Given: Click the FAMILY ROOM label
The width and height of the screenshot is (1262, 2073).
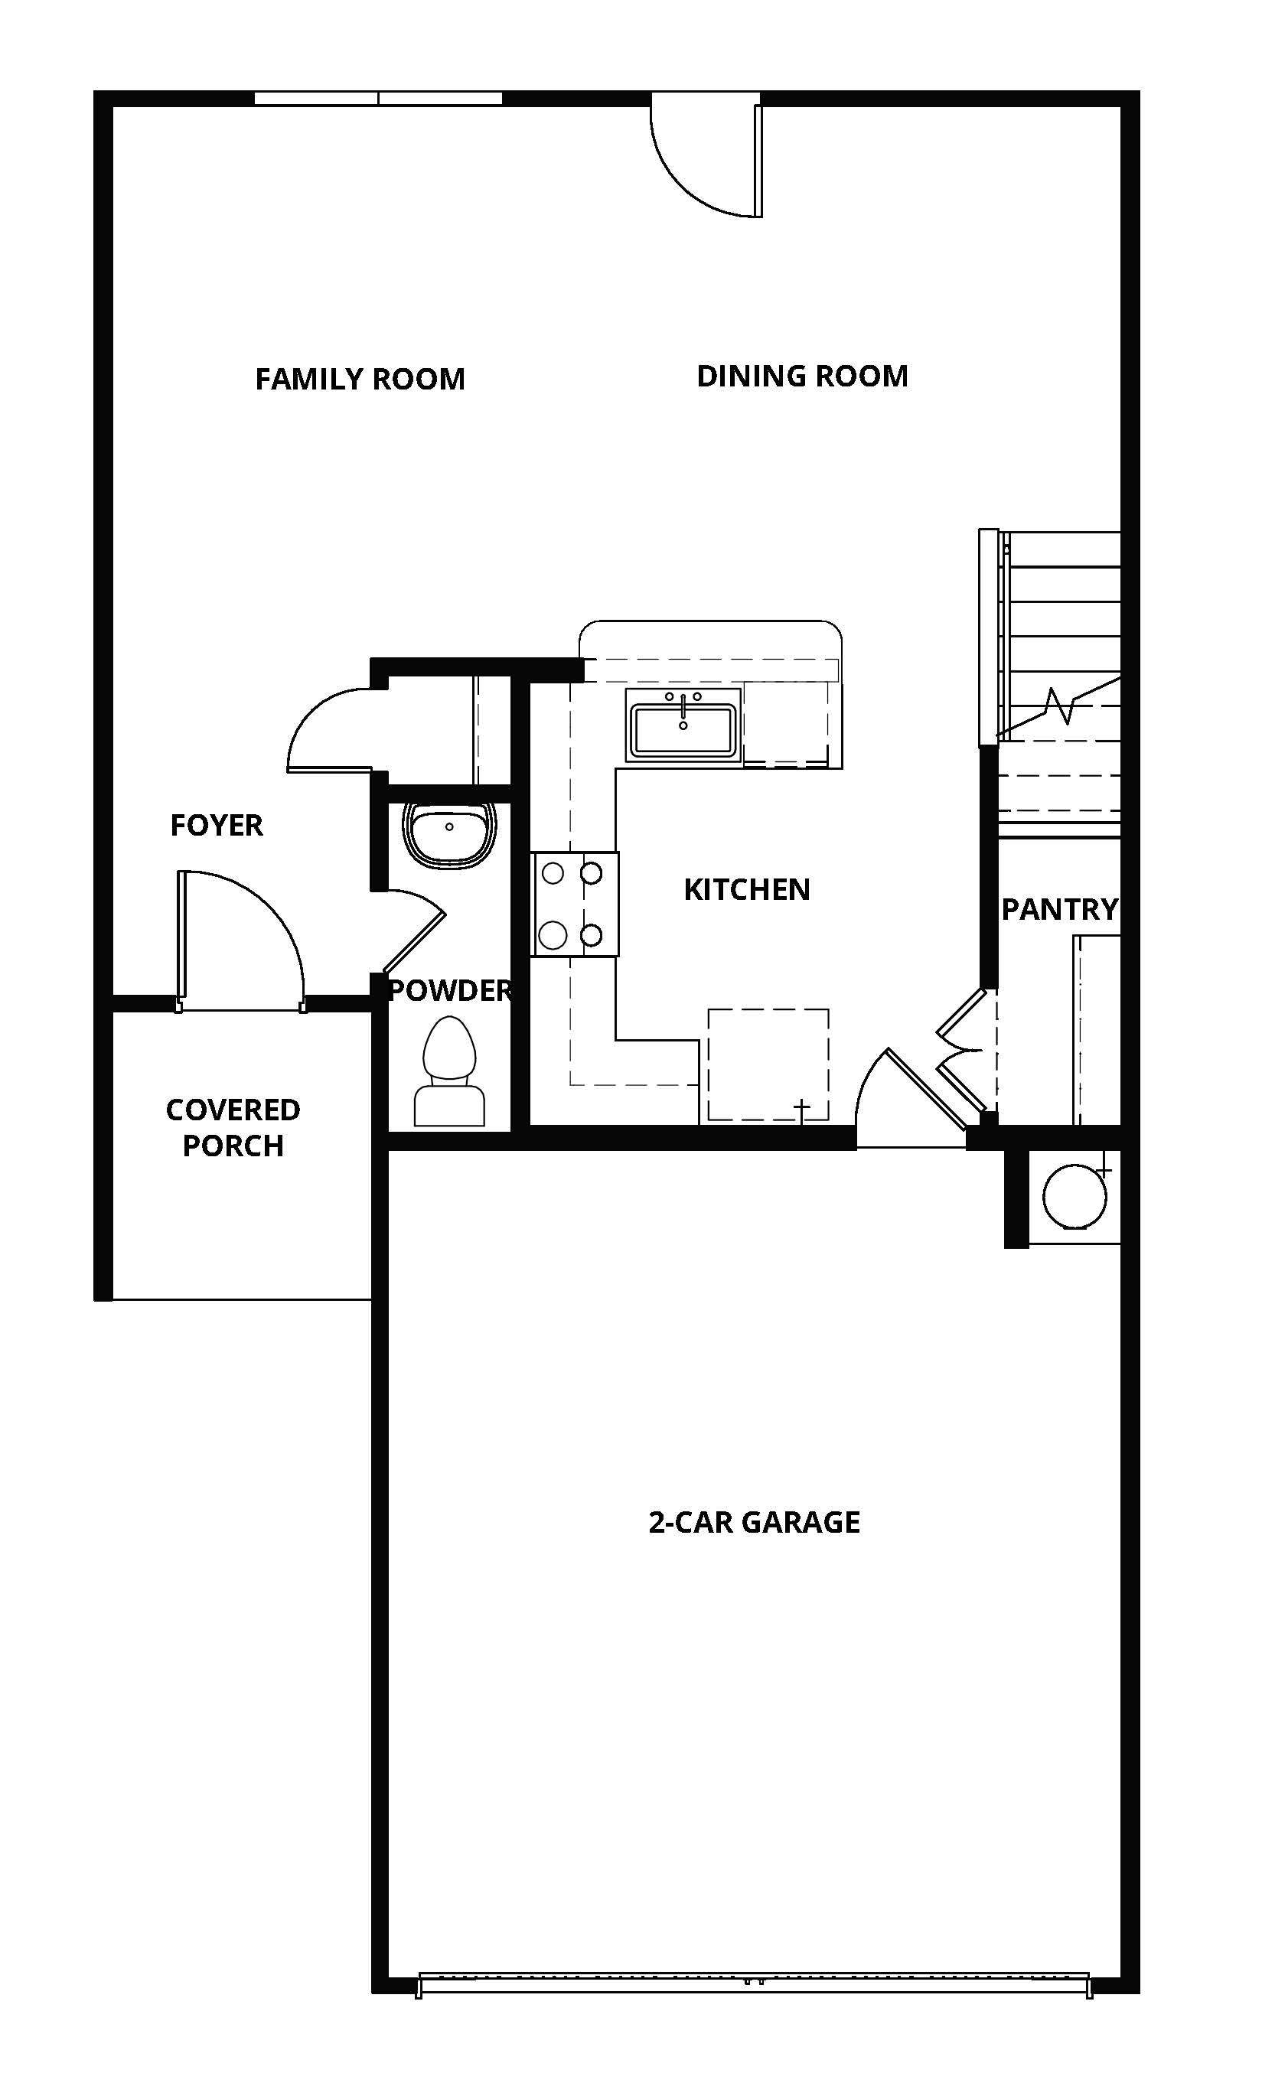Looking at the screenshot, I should coord(360,380).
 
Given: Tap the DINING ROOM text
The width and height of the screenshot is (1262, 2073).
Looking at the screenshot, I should coord(802,376).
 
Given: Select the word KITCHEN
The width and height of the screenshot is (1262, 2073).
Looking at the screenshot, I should coord(746,889).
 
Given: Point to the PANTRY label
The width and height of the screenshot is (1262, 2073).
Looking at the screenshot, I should coord(1059,909).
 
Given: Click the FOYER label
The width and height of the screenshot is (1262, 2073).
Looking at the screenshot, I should coord(217,826).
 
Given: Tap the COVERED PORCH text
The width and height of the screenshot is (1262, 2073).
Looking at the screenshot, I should coord(233,1127).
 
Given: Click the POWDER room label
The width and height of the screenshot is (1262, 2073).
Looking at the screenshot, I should coord(449,990).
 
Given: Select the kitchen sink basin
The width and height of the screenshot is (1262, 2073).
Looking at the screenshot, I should coord(683,730).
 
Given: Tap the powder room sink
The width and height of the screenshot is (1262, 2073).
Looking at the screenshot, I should coord(449,833).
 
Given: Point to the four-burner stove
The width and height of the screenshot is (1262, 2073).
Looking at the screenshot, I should coord(576,904).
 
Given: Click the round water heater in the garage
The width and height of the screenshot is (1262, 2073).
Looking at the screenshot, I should coord(1074,1195).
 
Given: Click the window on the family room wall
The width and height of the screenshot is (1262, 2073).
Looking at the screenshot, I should coord(379,99).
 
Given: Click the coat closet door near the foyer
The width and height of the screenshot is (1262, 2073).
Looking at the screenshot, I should coord(332,732).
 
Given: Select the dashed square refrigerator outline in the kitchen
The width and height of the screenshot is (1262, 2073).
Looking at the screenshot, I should coord(768,1064).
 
